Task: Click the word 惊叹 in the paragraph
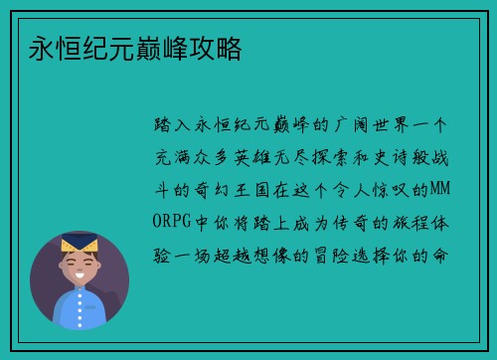tap(390, 188)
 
